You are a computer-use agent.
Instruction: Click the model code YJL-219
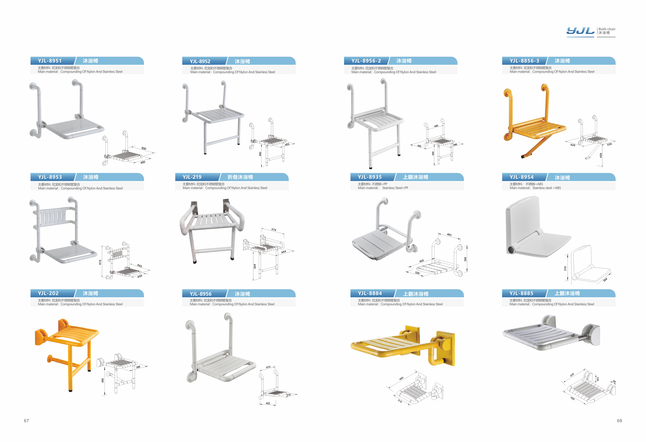192,177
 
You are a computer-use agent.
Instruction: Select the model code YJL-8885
521,293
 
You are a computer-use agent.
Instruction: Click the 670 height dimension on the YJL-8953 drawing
100,262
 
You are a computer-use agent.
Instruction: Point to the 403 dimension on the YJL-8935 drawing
449,235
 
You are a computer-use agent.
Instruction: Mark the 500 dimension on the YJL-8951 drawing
144,148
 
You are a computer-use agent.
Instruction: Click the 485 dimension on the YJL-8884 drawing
401,378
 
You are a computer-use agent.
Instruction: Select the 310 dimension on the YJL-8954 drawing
565,269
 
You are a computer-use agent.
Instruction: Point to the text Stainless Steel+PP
395,188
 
